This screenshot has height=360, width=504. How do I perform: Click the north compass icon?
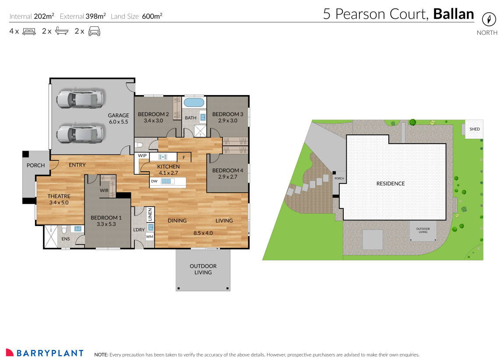click(489, 19)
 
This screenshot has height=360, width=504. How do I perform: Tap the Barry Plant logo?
click(45, 353)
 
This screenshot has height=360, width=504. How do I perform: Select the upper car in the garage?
click(80, 99)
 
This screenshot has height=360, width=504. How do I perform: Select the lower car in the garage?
click(80, 133)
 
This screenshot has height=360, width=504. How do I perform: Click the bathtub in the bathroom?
click(194, 103)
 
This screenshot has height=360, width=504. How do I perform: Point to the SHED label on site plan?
click(475, 129)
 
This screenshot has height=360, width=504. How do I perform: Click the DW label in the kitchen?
click(154, 181)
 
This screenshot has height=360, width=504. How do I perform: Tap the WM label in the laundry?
click(150, 237)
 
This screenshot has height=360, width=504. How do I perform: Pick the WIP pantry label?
click(142, 155)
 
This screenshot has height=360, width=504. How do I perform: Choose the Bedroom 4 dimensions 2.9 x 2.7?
click(227, 177)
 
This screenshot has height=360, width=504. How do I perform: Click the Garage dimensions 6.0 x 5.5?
click(118, 122)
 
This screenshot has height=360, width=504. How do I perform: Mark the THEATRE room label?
click(59, 196)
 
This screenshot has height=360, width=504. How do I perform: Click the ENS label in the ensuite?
click(65, 239)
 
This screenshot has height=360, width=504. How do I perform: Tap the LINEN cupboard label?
click(150, 215)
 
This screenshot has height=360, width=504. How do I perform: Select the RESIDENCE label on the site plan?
click(391, 184)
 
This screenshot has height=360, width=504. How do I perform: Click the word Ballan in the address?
click(453, 14)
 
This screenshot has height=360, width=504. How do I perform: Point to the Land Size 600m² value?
click(152, 16)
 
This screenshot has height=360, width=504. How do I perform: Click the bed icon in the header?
click(29, 31)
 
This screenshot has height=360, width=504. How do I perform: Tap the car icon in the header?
click(94, 31)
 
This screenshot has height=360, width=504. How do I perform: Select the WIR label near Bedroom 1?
click(104, 191)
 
